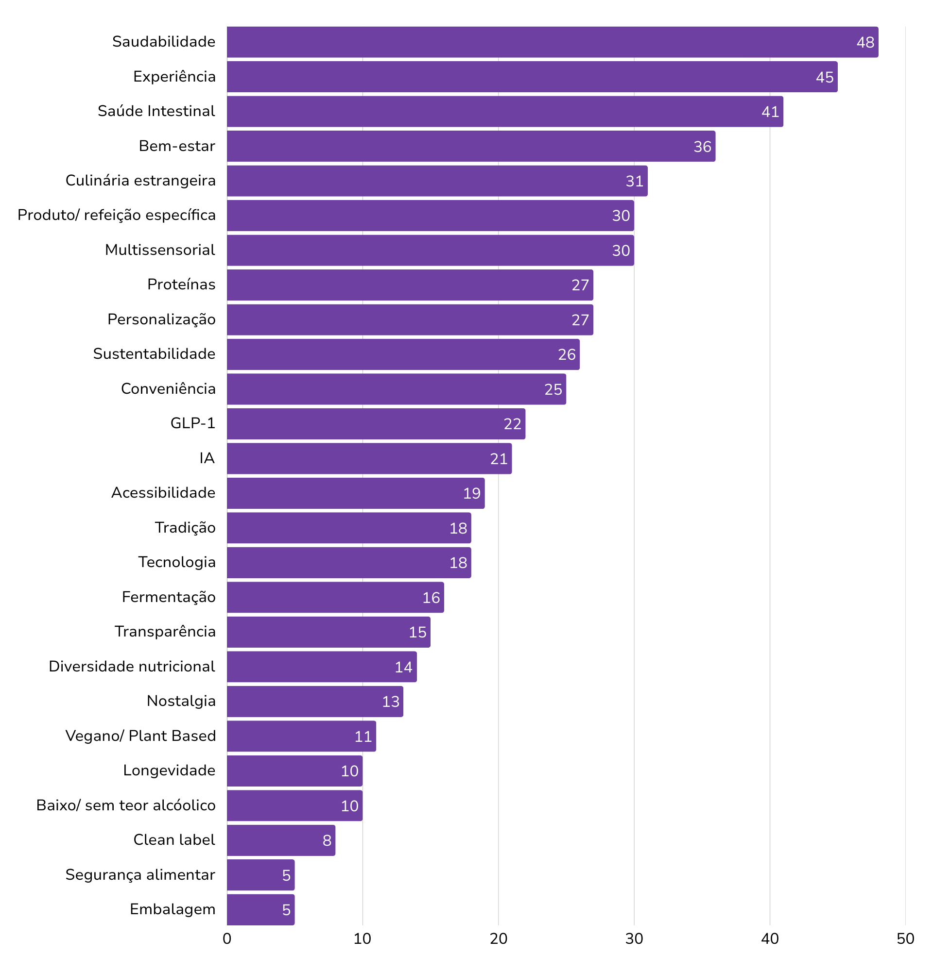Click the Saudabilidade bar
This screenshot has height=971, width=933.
point(545,42)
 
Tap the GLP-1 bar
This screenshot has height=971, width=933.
point(372,423)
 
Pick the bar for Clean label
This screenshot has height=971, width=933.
point(277,840)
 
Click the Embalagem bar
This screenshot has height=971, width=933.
point(258,909)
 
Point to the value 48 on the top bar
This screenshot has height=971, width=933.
point(865,43)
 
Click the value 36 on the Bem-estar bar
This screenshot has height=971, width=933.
point(702,147)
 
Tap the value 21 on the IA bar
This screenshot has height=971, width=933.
point(499,459)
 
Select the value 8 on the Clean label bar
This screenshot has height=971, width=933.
point(327,840)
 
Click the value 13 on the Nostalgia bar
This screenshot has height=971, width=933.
point(391,702)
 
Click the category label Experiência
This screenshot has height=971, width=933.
point(174,77)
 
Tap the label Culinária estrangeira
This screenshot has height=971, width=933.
point(140,180)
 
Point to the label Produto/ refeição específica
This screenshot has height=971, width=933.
point(117,215)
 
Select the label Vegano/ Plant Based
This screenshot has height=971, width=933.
point(140,736)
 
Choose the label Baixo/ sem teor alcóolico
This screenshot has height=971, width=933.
point(125,805)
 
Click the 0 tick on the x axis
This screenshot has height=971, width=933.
point(227,939)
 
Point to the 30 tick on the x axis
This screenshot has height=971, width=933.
point(634,939)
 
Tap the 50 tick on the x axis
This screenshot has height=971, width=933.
point(905,939)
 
